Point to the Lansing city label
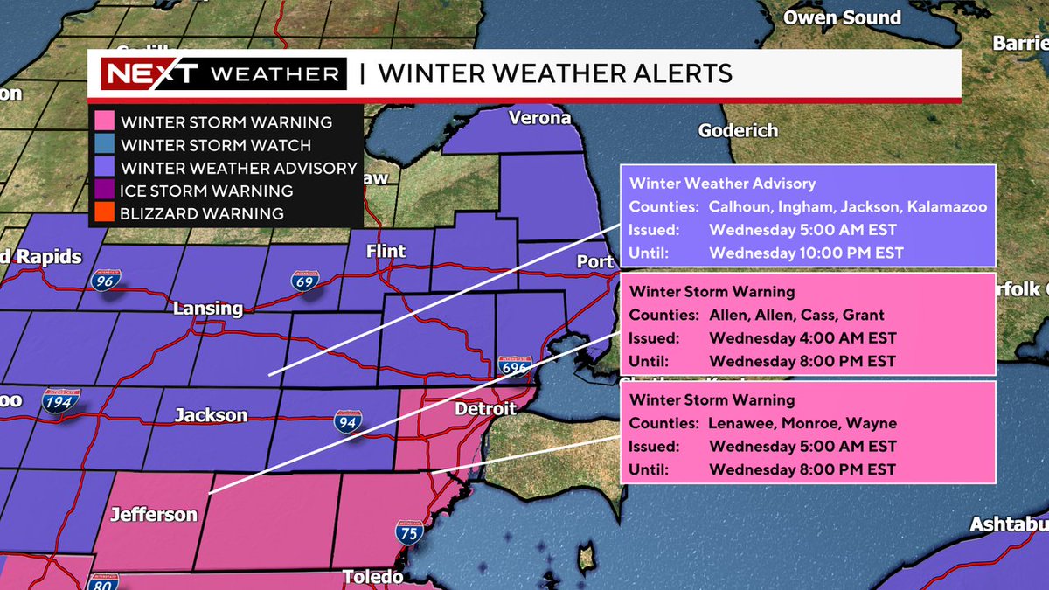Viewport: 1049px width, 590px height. coord(208,309)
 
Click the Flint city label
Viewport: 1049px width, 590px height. coord(386,252)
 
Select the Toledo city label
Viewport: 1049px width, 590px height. coord(372,577)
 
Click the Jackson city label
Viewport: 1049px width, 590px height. coord(211,415)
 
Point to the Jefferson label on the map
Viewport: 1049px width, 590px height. coord(154,515)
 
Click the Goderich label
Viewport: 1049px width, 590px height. coord(738,131)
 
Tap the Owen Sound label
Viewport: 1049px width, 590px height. coord(842,17)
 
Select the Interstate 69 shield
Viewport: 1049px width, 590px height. coord(305,281)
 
